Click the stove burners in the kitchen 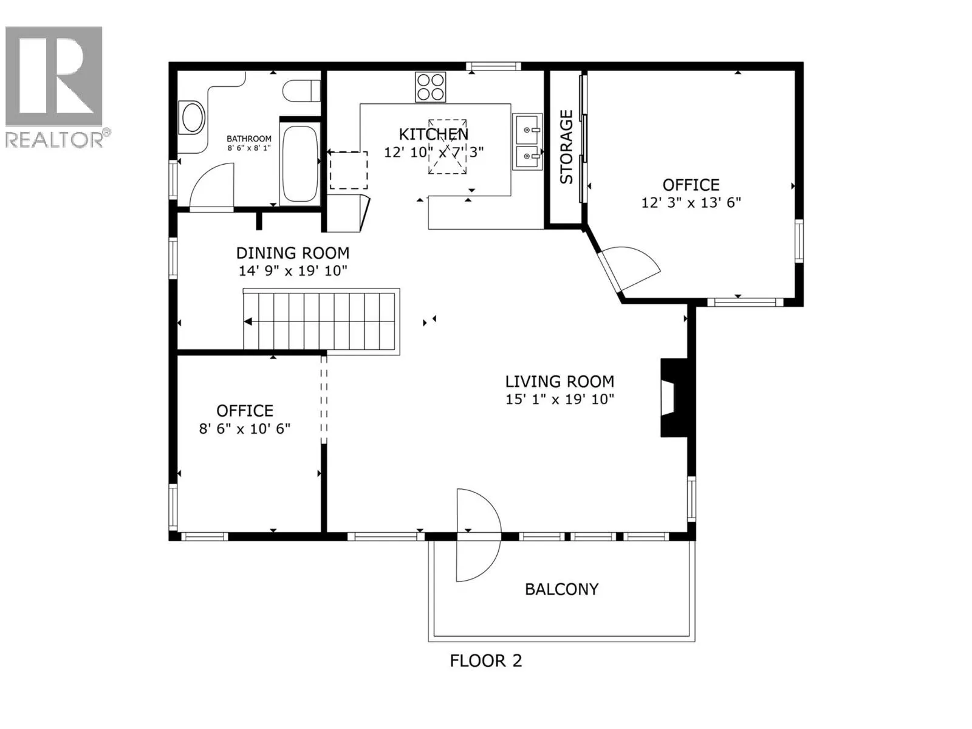click(430, 87)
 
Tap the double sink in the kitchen click(527, 142)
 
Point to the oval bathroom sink click(193, 117)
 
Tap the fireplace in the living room click(673, 398)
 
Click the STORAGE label click(566, 147)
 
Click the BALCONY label click(561, 589)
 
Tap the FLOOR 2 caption click(485, 661)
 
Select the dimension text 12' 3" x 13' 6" click(691, 203)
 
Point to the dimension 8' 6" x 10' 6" click(245, 429)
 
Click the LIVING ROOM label click(560, 382)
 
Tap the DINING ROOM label click(292, 253)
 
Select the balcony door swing click(477, 535)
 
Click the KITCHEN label click(433, 134)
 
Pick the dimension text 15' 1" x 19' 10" click(560, 400)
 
